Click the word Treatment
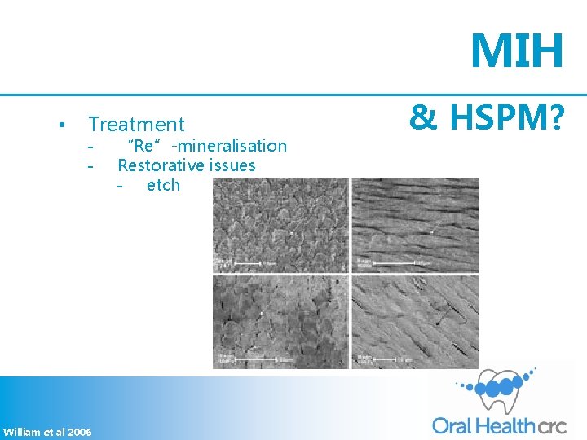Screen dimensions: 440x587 (136, 125)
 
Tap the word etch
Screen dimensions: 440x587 (163, 185)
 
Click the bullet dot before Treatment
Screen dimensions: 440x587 (62, 125)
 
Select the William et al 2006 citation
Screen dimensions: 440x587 (47, 431)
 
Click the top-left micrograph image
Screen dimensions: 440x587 (280, 226)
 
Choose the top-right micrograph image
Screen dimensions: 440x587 (415, 226)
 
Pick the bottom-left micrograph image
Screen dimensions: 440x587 (280, 321)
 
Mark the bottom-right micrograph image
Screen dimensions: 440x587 (415, 321)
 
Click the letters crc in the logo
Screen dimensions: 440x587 (551, 425)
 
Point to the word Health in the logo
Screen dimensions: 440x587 (504, 425)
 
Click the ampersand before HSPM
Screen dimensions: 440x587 (422, 120)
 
